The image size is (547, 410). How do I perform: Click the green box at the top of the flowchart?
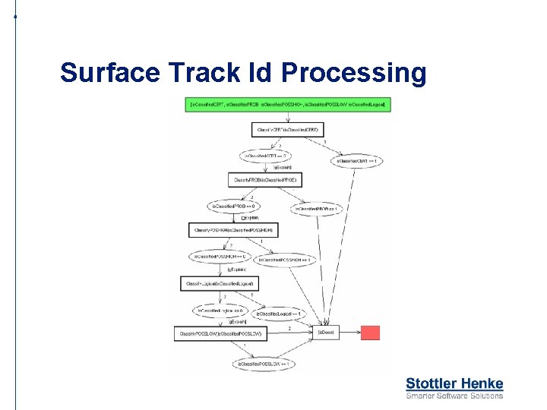pos(288,104)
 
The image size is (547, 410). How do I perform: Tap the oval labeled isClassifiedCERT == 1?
pos(355,161)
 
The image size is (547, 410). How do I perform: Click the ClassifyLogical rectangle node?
pos(220,283)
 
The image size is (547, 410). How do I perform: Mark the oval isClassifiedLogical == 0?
pos(220,310)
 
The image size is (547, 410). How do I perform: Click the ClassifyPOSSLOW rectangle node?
pos(220,333)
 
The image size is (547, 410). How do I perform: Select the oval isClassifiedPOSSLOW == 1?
pos(264,364)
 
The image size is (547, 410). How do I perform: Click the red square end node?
pos(370,333)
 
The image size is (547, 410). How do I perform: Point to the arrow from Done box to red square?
pos(351,333)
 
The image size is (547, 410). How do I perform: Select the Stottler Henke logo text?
pos(454,383)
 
